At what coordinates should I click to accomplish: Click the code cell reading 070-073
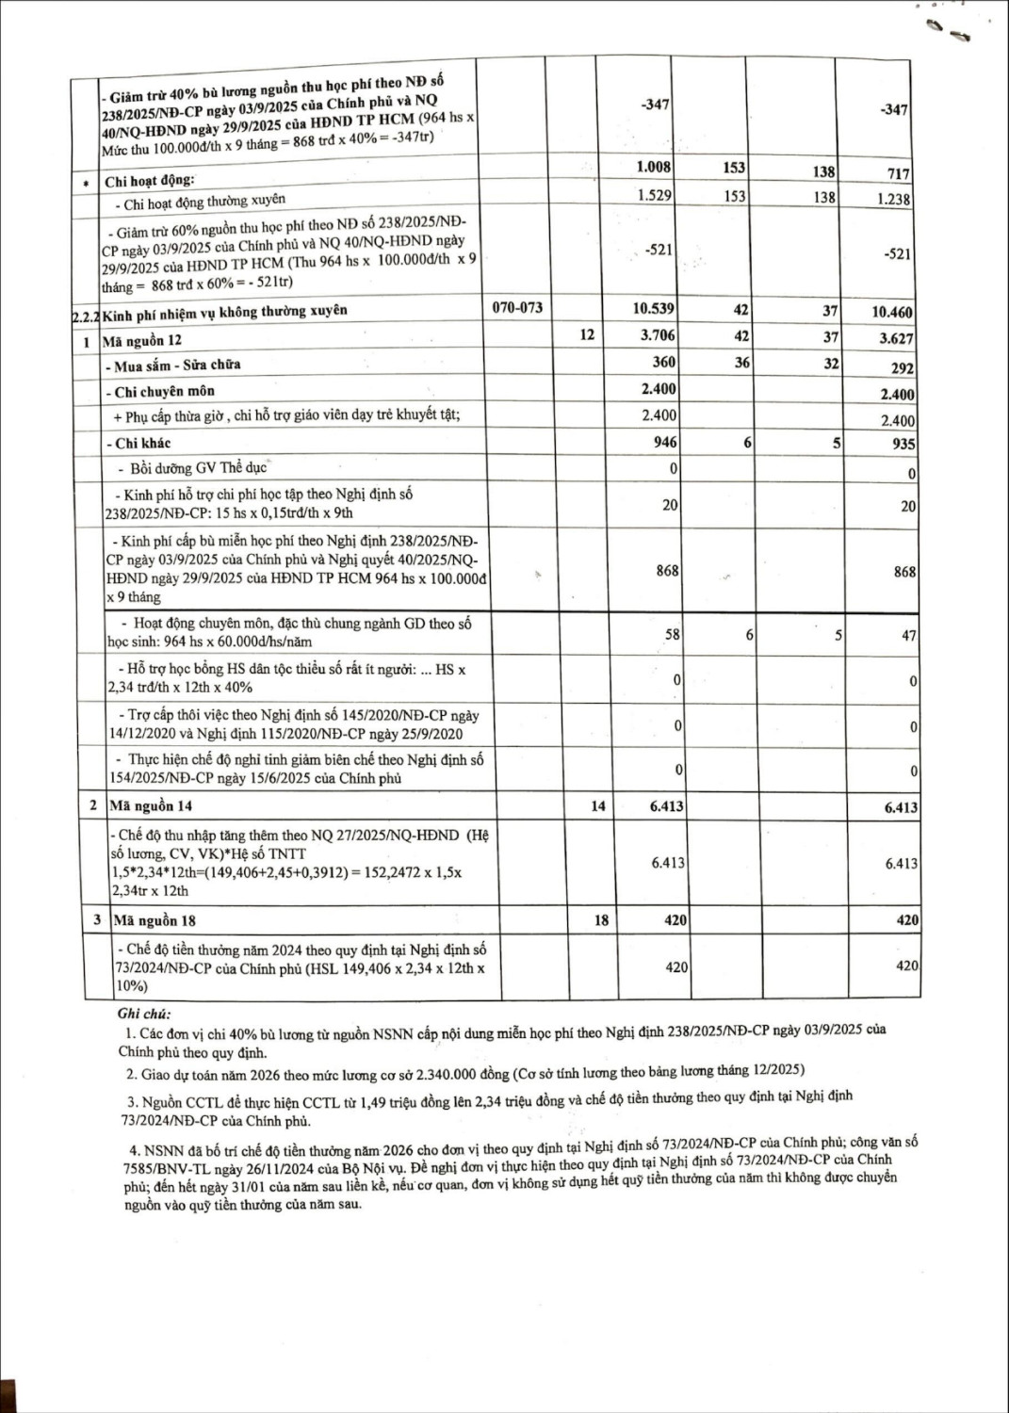pos(517,308)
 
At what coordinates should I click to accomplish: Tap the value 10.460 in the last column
pos(890,312)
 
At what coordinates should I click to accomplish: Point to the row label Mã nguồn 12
pos(142,340)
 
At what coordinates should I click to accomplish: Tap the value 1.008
pos(654,168)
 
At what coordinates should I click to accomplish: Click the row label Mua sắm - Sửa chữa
pos(173,365)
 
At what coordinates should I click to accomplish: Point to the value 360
pos(663,362)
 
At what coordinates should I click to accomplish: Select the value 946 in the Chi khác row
pos(665,442)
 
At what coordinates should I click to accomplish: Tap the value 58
pos(672,635)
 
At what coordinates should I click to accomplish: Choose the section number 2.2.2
pos(86,316)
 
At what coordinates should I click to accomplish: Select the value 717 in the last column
pos(899,174)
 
